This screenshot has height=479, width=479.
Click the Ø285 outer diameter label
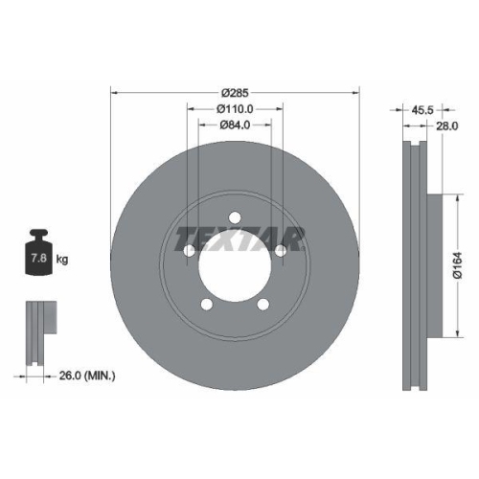pyautogui.click(x=235, y=93)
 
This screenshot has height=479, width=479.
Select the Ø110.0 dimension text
pyautogui.click(x=235, y=109)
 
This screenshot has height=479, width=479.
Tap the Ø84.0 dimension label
pyautogui.click(x=235, y=125)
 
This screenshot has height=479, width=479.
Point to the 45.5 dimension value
pyautogui.click(x=422, y=110)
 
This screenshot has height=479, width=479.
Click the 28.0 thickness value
pyautogui.click(x=446, y=126)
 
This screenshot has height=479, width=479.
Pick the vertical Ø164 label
pyautogui.click(x=458, y=265)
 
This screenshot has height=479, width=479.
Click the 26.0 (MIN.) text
pyautogui.click(x=87, y=376)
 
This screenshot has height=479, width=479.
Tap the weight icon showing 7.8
pyautogui.click(x=39, y=252)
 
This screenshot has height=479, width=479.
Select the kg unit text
pyautogui.click(x=62, y=259)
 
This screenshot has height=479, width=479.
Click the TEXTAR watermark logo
pyautogui.click(x=239, y=239)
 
